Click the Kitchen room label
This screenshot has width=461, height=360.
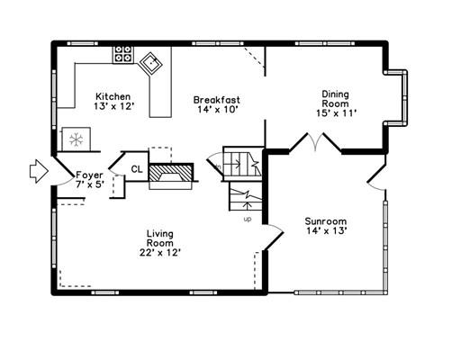click(x=113, y=96)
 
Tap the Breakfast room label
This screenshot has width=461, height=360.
click(x=217, y=100)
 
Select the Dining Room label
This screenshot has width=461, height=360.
click(x=336, y=99)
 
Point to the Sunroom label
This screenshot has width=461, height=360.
click(x=326, y=221)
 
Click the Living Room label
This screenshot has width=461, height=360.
click(x=160, y=238)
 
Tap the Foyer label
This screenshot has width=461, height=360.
click(x=89, y=175)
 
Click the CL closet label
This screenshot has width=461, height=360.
click(x=137, y=169)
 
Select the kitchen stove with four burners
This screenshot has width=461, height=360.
click(x=123, y=54)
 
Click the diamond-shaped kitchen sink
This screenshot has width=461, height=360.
click(x=150, y=64)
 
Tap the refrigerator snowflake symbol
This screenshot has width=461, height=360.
click(x=77, y=139)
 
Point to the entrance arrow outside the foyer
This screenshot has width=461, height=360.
click(x=39, y=171)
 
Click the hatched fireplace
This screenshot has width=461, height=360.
click(x=170, y=173)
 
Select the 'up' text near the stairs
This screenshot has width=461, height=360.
click(x=248, y=220)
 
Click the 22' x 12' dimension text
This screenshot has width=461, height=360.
click(x=160, y=253)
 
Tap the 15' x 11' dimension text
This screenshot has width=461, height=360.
click(x=336, y=113)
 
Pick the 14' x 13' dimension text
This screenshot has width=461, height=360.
click(x=327, y=230)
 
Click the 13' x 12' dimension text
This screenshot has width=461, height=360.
click(x=113, y=106)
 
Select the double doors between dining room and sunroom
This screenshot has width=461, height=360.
click(x=315, y=141)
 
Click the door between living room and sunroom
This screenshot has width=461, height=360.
click(x=274, y=237)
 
